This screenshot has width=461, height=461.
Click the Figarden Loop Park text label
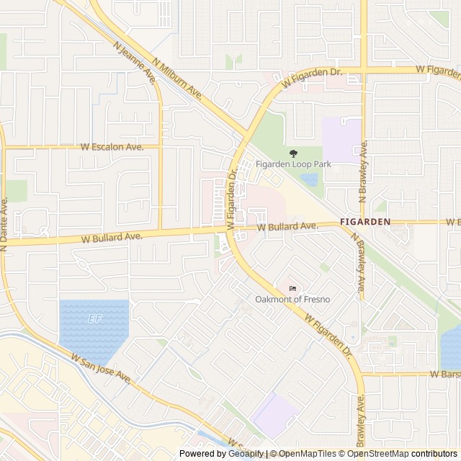[x=293, y=164]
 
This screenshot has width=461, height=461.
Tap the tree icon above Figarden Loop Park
[x=293, y=153]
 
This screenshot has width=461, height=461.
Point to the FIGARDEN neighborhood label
[x=365, y=222]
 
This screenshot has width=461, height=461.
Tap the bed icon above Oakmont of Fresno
[x=292, y=288]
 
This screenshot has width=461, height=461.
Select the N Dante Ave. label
[x=4, y=223]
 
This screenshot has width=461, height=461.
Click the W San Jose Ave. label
[x=100, y=367]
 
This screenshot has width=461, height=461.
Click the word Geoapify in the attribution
[x=246, y=454]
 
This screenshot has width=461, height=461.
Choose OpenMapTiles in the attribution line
[x=308, y=454]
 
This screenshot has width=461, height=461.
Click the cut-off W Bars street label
[x=444, y=375]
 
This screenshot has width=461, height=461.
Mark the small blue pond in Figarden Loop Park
[x=310, y=179]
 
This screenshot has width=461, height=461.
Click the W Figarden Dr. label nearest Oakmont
[x=327, y=334]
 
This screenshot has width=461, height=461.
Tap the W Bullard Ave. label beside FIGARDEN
[x=287, y=227]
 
